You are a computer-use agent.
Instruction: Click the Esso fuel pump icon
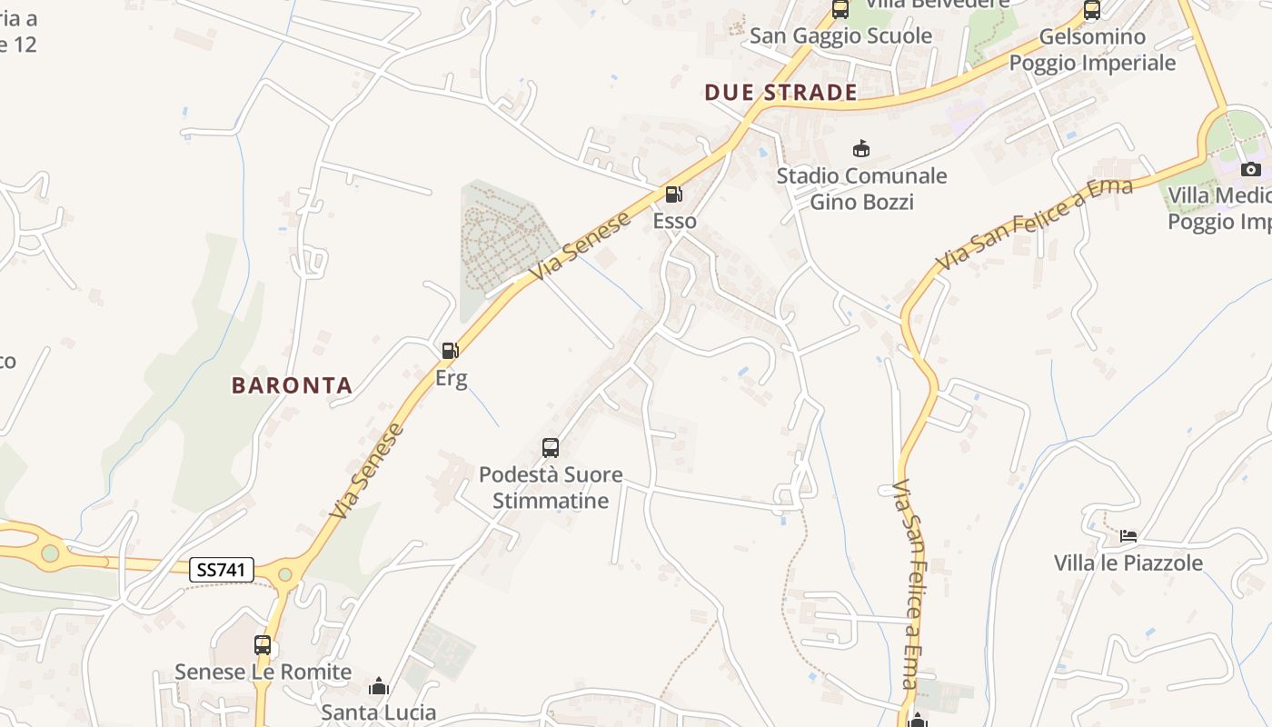point(673,194)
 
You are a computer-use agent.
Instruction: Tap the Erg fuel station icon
point(449,351)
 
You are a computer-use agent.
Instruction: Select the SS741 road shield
point(223,570)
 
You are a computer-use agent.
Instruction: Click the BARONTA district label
point(292,385)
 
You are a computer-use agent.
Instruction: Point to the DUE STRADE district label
point(780,92)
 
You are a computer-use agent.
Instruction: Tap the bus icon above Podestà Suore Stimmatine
point(551,447)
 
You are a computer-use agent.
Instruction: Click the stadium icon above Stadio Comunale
point(860,148)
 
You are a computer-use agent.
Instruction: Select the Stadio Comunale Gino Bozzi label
point(861,188)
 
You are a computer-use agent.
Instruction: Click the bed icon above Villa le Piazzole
point(1128,536)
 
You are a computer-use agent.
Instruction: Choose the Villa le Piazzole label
point(1128,563)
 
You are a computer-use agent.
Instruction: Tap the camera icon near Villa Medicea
point(1251,169)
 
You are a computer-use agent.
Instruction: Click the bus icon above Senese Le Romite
point(263,645)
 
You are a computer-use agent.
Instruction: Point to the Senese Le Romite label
point(263,672)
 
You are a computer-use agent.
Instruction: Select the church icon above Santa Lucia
point(379,686)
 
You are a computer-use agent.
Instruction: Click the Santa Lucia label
point(379,712)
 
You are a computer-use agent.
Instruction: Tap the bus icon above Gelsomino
point(1092,10)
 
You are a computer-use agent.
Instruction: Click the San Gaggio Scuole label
point(840,35)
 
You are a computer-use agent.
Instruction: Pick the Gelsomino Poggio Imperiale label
point(1092,50)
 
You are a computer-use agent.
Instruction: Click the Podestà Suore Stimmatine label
point(551,486)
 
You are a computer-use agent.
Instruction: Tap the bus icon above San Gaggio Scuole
point(840,10)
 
